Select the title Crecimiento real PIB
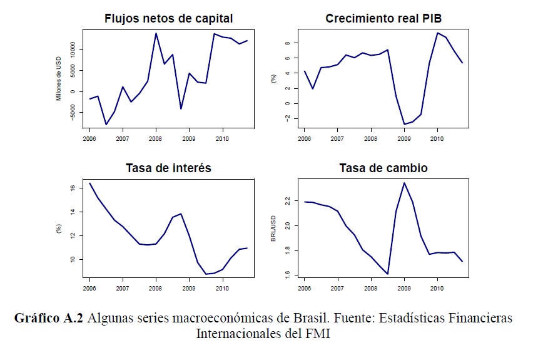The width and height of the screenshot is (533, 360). (383, 19)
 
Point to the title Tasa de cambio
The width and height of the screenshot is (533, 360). (383, 168)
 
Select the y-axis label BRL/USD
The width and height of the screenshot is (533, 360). (273, 228)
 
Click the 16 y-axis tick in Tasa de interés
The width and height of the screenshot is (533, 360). (73, 188)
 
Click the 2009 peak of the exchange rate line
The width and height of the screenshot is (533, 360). (404, 183)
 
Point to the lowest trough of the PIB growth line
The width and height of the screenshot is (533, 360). (404, 124)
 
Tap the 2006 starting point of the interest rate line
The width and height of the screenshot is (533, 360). (89, 183)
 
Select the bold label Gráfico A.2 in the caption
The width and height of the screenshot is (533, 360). (49, 318)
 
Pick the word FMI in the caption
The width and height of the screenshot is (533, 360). (317, 333)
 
